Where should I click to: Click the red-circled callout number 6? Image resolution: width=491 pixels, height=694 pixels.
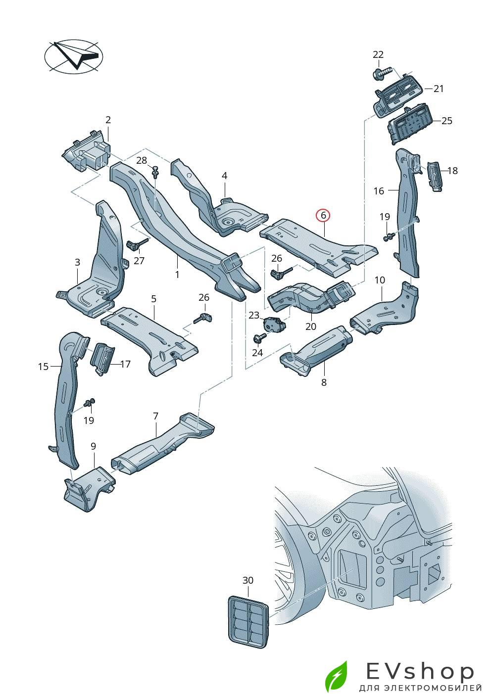click(x=323, y=215)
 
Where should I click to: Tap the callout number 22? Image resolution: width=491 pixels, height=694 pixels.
click(x=378, y=54)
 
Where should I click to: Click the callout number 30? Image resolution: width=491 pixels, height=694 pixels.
click(x=247, y=580)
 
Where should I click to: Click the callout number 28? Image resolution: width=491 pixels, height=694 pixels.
click(x=142, y=160)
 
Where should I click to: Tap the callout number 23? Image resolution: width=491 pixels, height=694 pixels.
click(x=254, y=315)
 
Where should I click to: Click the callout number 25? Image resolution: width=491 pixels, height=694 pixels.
click(x=447, y=121)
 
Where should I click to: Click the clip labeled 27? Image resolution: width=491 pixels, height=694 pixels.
click(x=134, y=244)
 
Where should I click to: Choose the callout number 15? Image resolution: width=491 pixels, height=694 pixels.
click(x=43, y=367)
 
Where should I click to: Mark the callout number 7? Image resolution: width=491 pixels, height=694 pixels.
click(x=155, y=416)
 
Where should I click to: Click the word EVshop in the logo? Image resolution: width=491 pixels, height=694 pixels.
click(x=420, y=671)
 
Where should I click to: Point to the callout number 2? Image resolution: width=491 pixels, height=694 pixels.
click(x=108, y=120)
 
